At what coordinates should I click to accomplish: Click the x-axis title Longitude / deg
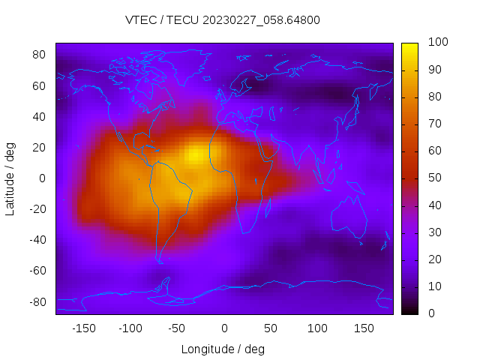223,349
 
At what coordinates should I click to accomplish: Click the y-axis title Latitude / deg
10,178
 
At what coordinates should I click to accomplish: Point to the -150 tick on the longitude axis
83,328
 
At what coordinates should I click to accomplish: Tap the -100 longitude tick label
130,328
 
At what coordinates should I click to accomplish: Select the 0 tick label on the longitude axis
223,328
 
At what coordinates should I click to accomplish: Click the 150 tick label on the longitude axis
364,328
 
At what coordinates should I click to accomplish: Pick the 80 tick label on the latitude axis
40,55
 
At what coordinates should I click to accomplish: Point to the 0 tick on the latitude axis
43,178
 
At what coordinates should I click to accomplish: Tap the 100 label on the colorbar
437,43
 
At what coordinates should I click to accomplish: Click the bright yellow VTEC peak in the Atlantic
195,155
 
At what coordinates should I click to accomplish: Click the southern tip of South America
160,259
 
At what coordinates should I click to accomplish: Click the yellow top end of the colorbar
409,48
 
